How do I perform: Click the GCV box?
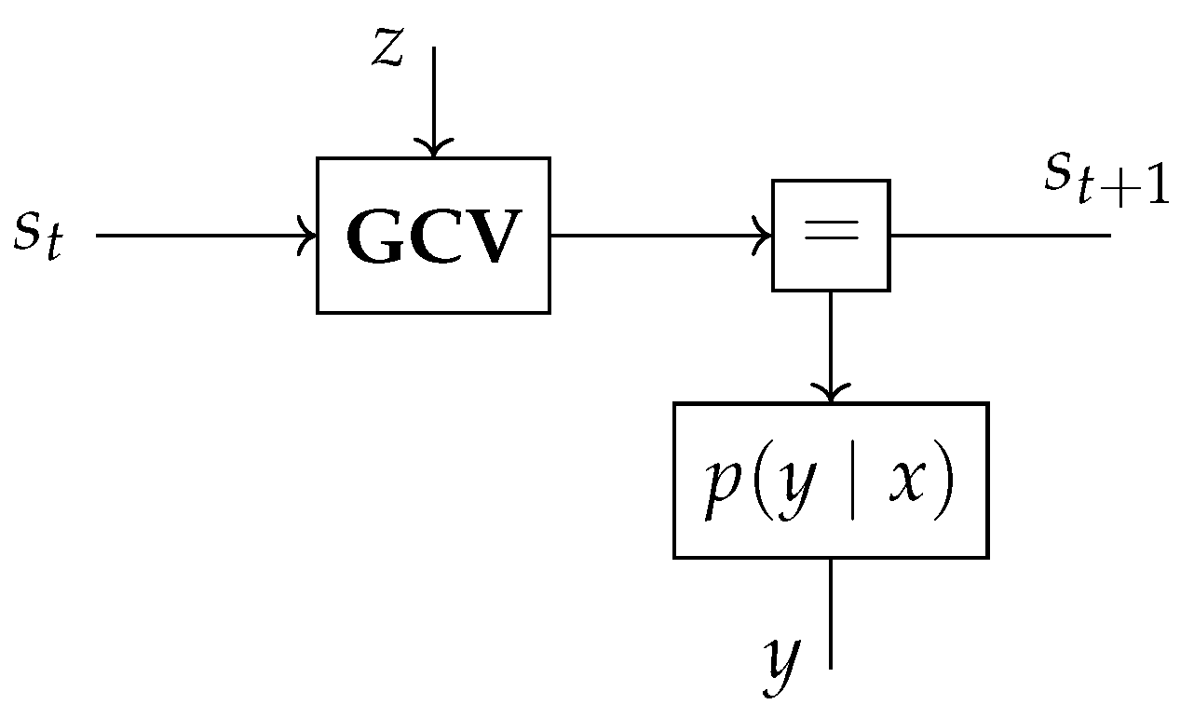click(x=433, y=235)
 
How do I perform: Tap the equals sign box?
click(x=831, y=235)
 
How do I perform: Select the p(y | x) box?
click(x=830, y=481)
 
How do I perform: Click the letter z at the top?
click(x=387, y=51)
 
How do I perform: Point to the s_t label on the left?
click(x=38, y=236)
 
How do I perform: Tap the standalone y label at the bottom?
click(x=780, y=663)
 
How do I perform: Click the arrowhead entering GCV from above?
click(x=433, y=149)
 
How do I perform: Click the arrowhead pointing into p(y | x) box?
click(x=830, y=394)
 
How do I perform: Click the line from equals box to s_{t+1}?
click(x=1001, y=235)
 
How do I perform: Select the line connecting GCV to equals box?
click(x=652, y=235)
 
